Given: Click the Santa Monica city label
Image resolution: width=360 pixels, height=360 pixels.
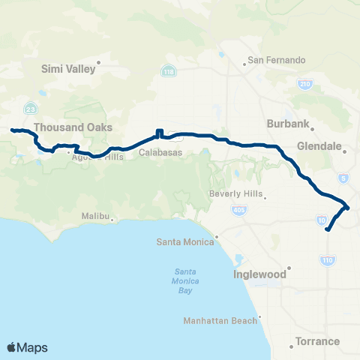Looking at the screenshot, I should [184, 241].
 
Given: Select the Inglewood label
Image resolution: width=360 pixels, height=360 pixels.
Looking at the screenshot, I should [259, 274].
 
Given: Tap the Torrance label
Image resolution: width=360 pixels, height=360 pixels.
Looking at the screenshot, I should [317, 341].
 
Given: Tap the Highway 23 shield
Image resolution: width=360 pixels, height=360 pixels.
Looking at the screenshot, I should [29, 107].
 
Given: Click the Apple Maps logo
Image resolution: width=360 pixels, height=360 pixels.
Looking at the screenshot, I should [27, 347].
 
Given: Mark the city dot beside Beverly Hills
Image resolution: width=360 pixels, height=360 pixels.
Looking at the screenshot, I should [265, 199].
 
